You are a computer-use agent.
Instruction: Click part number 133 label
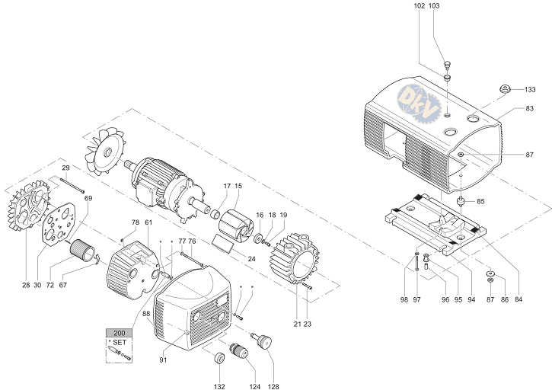(x=530, y=89)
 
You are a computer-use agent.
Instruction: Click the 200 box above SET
(x=119, y=333)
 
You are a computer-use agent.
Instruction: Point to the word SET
(x=120, y=343)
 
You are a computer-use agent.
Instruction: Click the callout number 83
(x=530, y=109)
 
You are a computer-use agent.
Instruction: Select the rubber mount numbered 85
(x=461, y=203)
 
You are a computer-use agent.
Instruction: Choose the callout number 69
(x=88, y=198)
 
